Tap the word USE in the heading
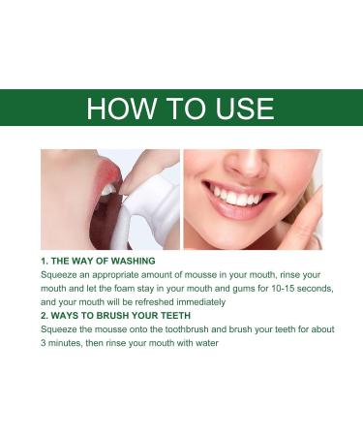tap(240, 108)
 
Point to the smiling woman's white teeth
tap(239, 198)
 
